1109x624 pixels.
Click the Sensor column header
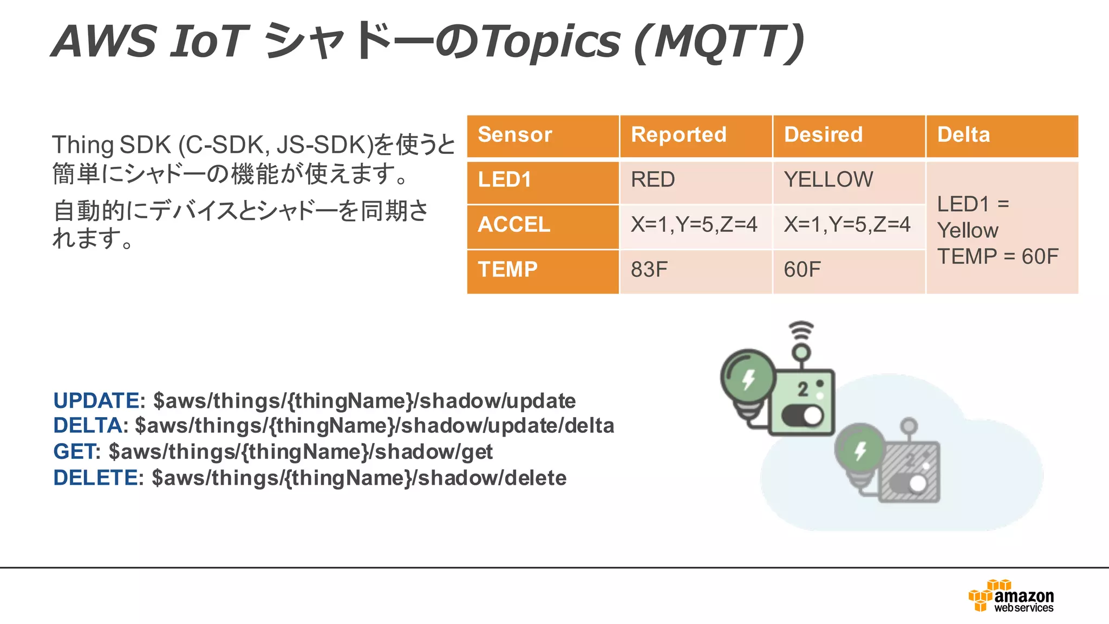[514, 135]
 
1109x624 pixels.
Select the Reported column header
[679, 135]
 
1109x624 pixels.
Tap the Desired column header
[823, 135]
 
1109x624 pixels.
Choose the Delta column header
[963, 135]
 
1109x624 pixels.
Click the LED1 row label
[504, 180]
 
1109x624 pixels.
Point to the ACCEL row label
[513, 225]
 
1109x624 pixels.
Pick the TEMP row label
[507, 270]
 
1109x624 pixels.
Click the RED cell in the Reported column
[653, 180]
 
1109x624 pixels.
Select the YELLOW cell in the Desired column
[828, 180]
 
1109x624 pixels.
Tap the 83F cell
[649, 270]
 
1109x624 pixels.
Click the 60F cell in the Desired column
[802, 270]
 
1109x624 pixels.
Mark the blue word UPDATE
[96, 401]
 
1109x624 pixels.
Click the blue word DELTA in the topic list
[87, 426]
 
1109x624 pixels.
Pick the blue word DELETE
[95, 478]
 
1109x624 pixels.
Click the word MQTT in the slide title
[717, 42]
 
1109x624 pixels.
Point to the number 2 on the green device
[803, 389]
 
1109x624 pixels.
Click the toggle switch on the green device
[803, 416]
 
